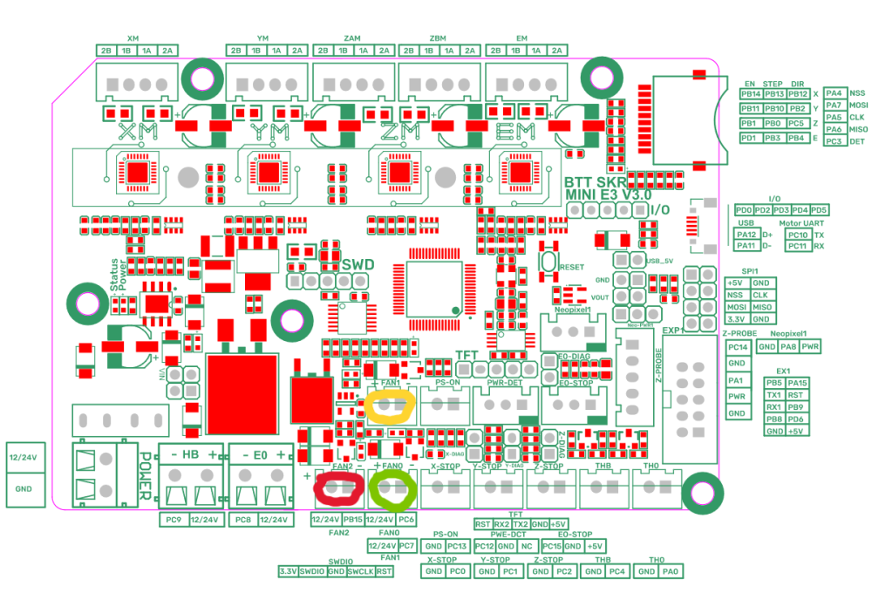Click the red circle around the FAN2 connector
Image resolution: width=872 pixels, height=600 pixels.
337,489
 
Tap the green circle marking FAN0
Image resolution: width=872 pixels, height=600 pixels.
392,489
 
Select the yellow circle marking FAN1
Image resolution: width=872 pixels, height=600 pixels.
390,406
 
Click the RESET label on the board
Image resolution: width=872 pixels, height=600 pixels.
571,266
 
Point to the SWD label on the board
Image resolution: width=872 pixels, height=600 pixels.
358,264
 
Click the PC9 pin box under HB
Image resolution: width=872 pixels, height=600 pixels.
171,520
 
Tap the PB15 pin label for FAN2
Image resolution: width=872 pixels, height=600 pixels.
352,520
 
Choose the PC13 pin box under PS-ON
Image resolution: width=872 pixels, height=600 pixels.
458,545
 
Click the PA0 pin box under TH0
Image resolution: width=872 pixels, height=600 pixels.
669,571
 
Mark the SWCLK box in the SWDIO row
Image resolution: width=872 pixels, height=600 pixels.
359,571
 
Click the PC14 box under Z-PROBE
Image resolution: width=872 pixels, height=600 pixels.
737,347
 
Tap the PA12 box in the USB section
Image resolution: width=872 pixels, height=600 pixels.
746,234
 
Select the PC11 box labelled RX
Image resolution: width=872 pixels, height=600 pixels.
798,246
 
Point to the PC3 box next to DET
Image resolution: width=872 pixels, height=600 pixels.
834,140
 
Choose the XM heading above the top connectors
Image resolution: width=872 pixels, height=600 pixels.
133,38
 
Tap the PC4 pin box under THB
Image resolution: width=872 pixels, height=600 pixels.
617,571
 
